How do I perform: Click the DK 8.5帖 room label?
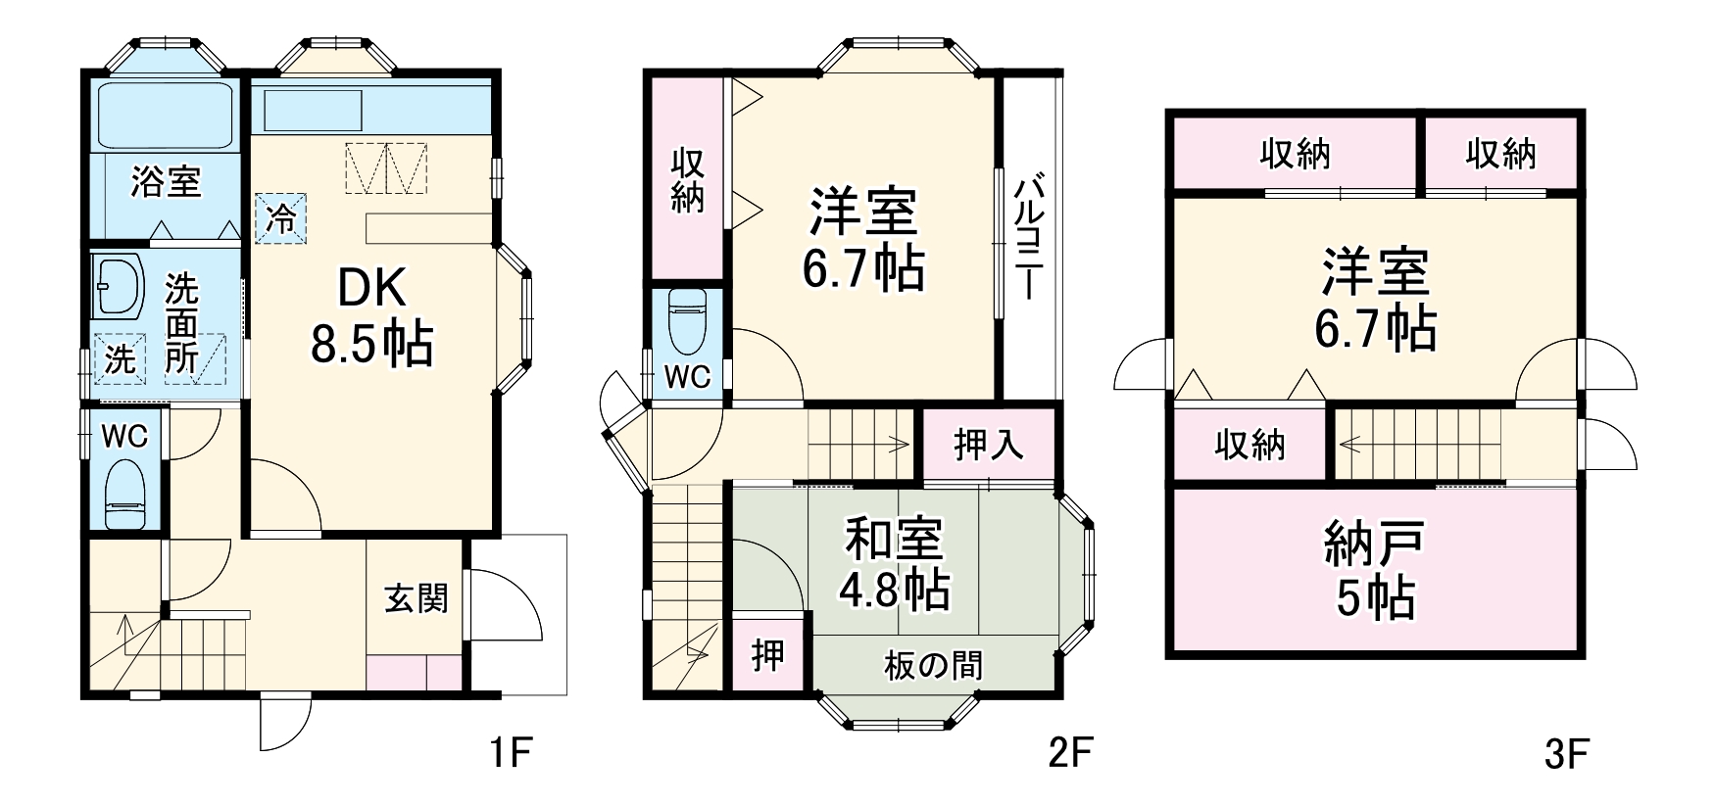point(371,315)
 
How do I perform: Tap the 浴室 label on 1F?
point(166,181)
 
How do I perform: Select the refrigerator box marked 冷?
point(282,218)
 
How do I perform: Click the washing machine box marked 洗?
point(120,358)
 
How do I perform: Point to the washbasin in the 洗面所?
point(118,286)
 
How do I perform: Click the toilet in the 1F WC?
point(124,494)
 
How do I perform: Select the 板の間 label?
point(933,666)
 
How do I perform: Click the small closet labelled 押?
point(767,654)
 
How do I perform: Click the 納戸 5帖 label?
point(1375,571)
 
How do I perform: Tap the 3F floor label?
point(1565,754)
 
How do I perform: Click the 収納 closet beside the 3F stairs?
point(1249,446)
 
